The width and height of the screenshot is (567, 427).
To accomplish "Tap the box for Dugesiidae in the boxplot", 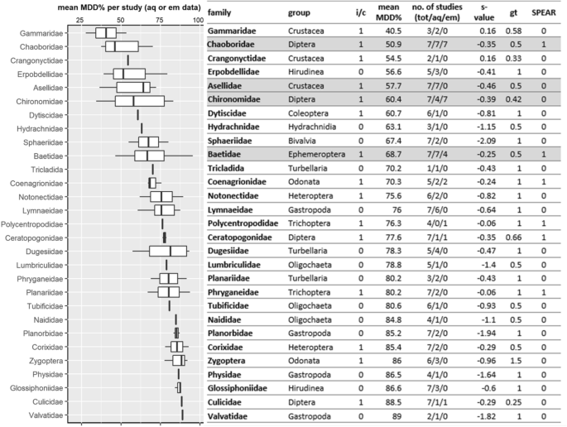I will (168, 251).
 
